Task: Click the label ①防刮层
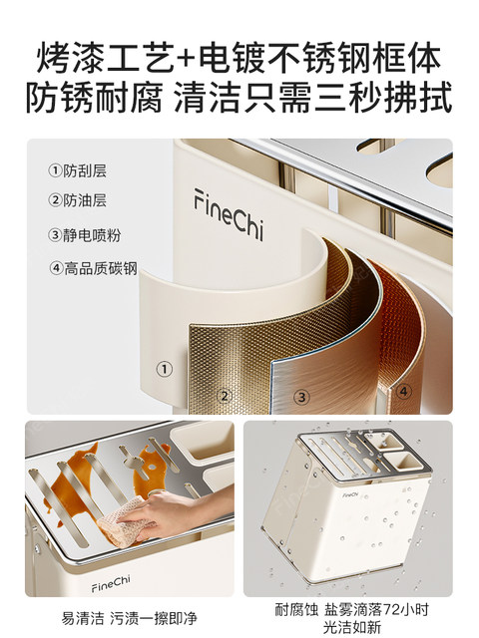click(x=78, y=169)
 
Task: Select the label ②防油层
click(x=78, y=200)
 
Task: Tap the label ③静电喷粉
click(x=85, y=235)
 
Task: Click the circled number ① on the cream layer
click(x=165, y=369)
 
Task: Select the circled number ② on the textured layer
click(x=225, y=395)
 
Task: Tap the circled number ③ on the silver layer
click(x=300, y=397)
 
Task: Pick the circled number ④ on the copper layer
click(x=403, y=391)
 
